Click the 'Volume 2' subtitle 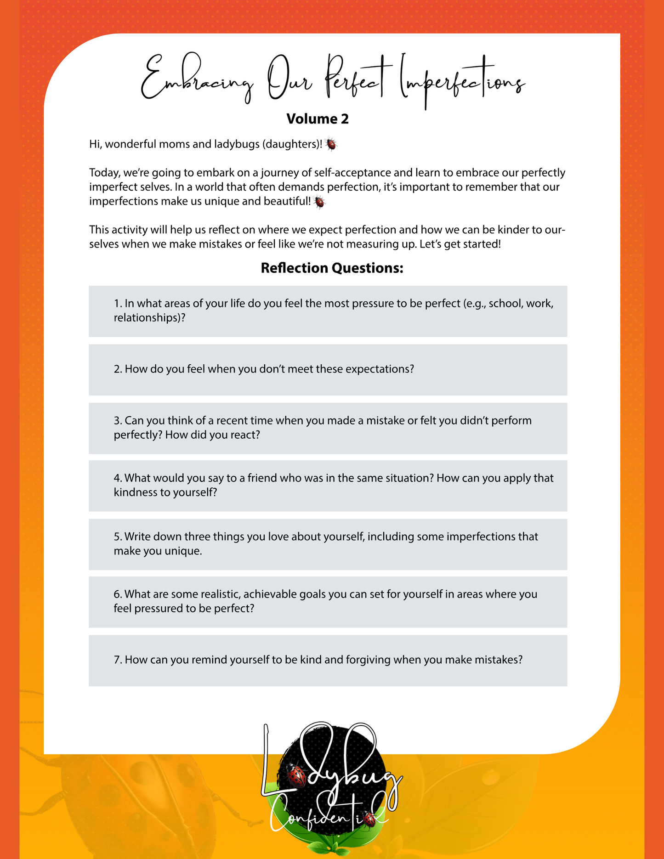[318, 119]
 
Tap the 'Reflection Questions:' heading [332, 268]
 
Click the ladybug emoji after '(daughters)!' [331, 145]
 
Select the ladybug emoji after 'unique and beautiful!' [319, 202]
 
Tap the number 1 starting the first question [117, 304]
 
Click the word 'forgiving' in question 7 [368, 660]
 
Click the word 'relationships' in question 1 [147, 318]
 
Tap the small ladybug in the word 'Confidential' [369, 818]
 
